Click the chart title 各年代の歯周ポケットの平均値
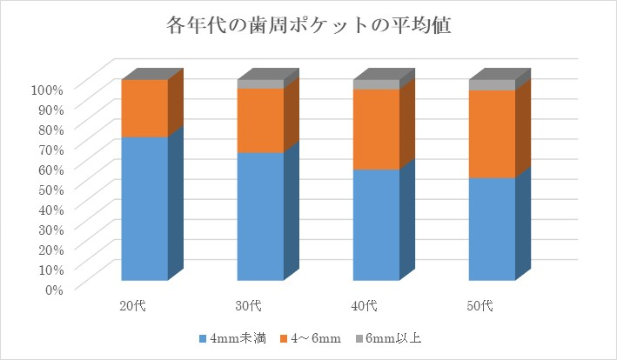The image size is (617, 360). pyautogui.click(x=308, y=26)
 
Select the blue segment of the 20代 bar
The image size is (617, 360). pyautogui.click(x=144, y=209)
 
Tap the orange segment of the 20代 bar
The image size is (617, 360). pyautogui.click(x=144, y=108)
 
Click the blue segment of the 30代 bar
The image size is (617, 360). pyautogui.click(x=260, y=217)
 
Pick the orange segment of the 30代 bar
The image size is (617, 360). pyautogui.click(x=260, y=120)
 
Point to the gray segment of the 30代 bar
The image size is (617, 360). pyautogui.click(x=260, y=84)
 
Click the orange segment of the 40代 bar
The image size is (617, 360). pyautogui.click(x=376, y=129)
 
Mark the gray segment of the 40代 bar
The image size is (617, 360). pyautogui.click(x=376, y=84)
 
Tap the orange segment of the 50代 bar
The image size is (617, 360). pyautogui.click(x=492, y=133)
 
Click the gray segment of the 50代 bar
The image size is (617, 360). pyautogui.click(x=492, y=84)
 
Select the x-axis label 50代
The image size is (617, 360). pyautogui.click(x=480, y=305)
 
